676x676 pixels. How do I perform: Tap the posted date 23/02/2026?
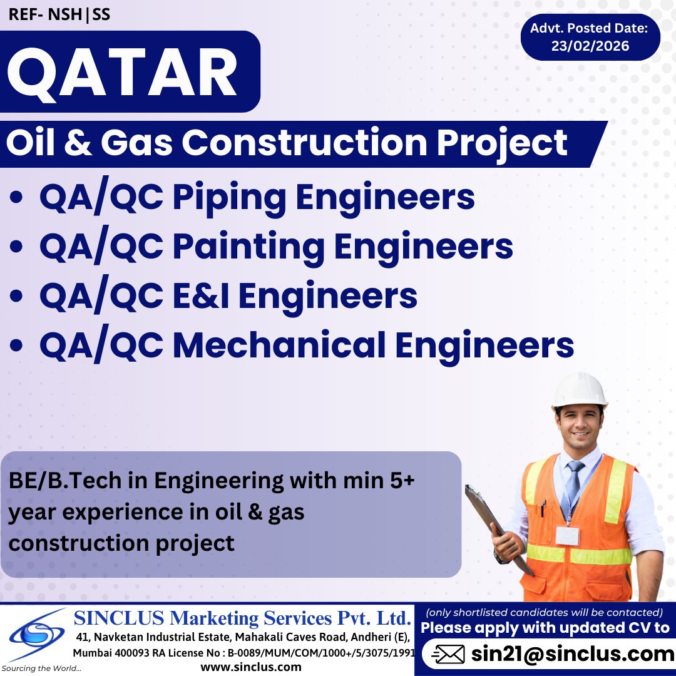coord(590,46)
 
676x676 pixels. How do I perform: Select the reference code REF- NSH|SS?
coord(59,14)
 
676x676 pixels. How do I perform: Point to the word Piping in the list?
coord(229,197)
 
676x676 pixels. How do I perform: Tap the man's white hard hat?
coord(579,389)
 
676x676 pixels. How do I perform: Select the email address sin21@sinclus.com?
coord(572,654)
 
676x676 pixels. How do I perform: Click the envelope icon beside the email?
coord(448,655)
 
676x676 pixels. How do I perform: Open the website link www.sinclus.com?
coord(251,667)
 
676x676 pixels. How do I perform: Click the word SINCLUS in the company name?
coord(118,618)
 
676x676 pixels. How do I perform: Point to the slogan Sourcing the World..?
coord(41,668)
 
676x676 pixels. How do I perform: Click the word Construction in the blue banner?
coord(306,143)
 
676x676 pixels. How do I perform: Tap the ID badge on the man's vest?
coord(567,535)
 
